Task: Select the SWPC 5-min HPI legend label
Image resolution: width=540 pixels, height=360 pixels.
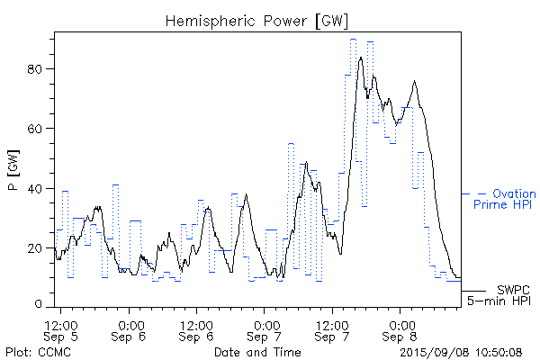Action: tap(500, 294)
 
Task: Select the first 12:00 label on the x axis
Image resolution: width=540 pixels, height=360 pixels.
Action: tap(61, 323)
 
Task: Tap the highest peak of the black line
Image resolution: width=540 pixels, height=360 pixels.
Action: tap(361, 58)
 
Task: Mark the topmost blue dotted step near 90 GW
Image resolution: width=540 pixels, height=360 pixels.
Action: tap(354, 40)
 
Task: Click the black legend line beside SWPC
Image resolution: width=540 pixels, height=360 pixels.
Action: tap(473, 291)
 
